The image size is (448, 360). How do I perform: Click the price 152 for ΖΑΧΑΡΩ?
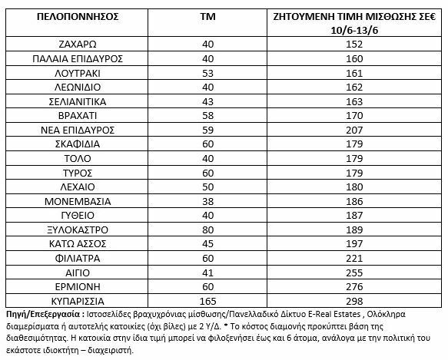click(x=353, y=44)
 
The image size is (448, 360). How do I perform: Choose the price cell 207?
click(x=353, y=129)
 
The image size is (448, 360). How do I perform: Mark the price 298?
click(x=353, y=300)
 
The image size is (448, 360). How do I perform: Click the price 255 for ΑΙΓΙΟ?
click(x=353, y=272)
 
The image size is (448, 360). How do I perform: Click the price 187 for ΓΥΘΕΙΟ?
click(x=353, y=215)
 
